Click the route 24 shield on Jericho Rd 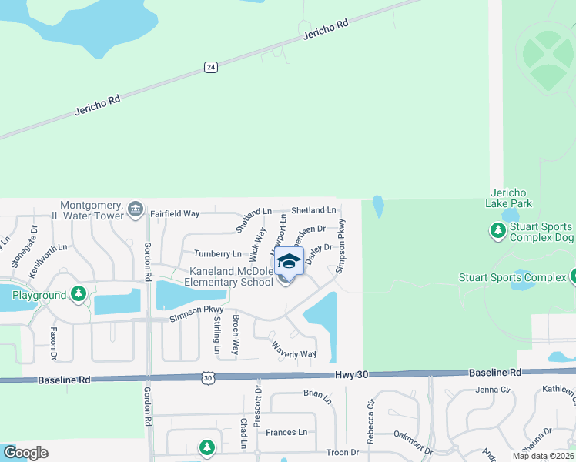(x=210, y=68)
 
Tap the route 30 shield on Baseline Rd (x=207, y=377)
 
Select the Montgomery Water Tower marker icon (x=136, y=208)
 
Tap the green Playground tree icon (x=78, y=294)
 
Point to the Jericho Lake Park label (x=509, y=198)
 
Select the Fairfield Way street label (x=175, y=213)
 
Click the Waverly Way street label (x=293, y=350)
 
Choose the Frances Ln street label (x=286, y=433)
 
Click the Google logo (x=25, y=453)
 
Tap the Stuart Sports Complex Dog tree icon (x=497, y=229)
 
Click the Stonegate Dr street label (x=34, y=240)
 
